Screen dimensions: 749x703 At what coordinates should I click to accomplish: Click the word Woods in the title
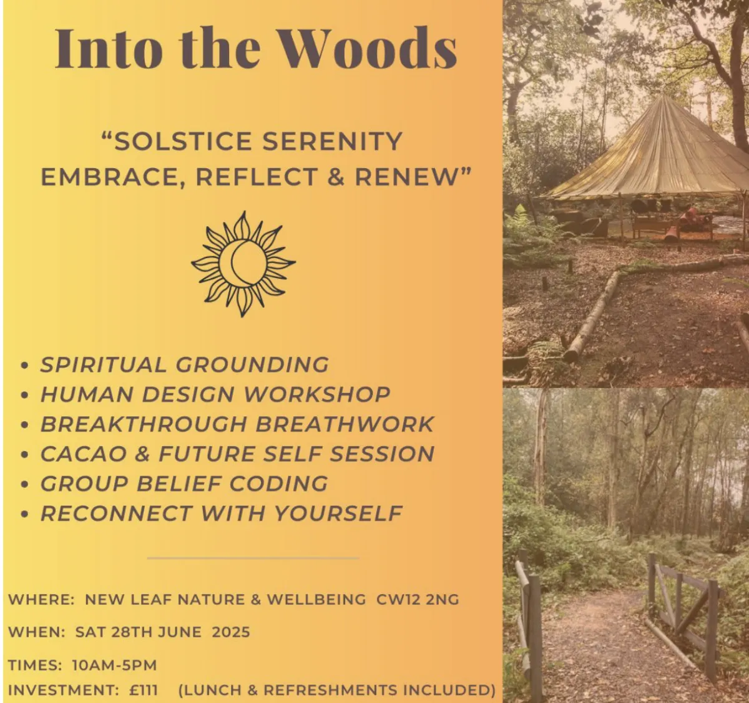click(x=370, y=49)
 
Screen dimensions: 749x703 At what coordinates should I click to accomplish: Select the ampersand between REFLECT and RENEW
click(x=336, y=177)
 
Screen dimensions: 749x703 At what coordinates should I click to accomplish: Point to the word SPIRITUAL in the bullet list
click(x=103, y=364)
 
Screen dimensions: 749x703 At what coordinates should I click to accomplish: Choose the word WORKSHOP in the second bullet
click(x=317, y=394)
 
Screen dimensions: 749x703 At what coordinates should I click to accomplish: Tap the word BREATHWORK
click(x=345, y=424)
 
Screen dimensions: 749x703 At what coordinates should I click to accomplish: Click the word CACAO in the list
click(x=84, y=454)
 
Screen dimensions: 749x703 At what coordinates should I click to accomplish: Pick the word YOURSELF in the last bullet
click(x=338, y=514)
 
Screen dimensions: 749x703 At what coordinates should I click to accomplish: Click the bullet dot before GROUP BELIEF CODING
click(x=25, y=485)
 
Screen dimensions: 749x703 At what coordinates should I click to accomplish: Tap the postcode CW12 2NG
click(x=418, y=599)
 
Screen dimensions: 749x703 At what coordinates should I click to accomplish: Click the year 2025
click(x=231, y=632)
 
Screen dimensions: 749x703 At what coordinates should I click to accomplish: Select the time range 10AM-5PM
click(x=114, y=666)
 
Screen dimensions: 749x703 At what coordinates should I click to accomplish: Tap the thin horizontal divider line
click(x=253, y=558)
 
